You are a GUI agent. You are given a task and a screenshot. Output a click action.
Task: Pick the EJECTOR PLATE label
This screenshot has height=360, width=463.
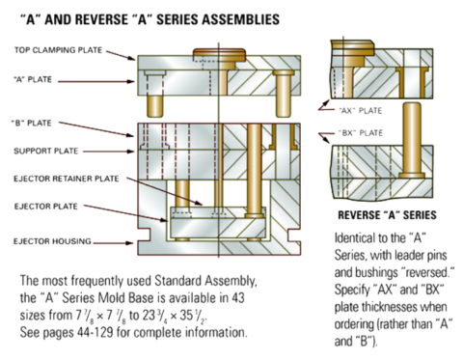[x=46, y=207]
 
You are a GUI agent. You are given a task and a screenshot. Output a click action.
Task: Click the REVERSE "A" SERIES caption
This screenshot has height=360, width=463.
[x=385, y=216]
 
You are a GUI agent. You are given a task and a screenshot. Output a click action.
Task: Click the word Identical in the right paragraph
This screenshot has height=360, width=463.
[x=354, y=237]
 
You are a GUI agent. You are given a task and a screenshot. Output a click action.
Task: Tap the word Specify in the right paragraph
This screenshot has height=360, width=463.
[x=352, y=289]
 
